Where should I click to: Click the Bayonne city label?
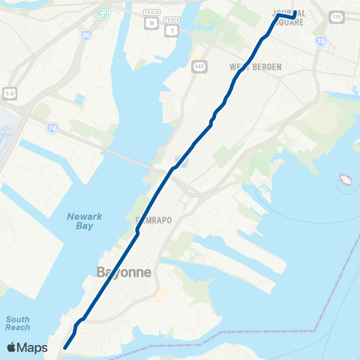[124, 271]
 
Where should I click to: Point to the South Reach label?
[17, 323]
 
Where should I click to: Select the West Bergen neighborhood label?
[256, 67]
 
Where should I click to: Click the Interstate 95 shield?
[83, 34]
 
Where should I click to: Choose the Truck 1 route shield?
[172, 28]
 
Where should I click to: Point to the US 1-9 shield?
[9, 92]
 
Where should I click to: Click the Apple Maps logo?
[27, 347]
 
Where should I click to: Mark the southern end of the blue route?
[65, 347]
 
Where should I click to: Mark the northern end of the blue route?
[295, 12]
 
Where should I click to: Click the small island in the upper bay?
[346, 179]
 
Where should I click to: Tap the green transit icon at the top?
[102, 13]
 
